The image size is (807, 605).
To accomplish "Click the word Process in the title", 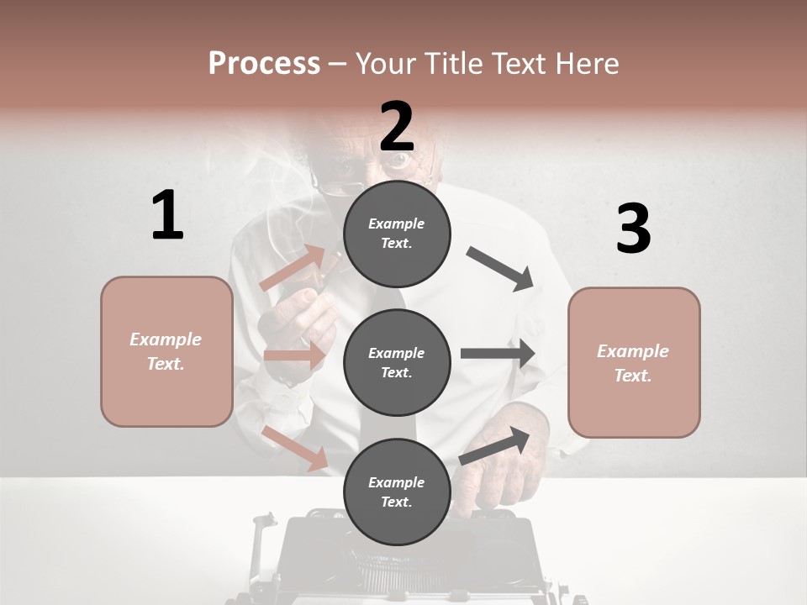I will click(264, 63).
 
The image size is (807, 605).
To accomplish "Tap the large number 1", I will click(167, 216).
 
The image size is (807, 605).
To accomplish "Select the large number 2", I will click(397, 126).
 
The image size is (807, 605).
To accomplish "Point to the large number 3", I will click(633, 229).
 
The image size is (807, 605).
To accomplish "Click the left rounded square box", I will click(166, 351).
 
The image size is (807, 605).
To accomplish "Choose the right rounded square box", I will click(634, 362).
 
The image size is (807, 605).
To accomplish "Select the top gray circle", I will click(397, 233).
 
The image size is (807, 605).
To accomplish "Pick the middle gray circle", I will click(397, 362).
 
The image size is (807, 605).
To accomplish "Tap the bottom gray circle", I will click(397, 492).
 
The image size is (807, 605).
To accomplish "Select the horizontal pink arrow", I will click(294, 355).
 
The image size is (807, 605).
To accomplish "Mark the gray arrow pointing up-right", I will click(495, 445).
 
